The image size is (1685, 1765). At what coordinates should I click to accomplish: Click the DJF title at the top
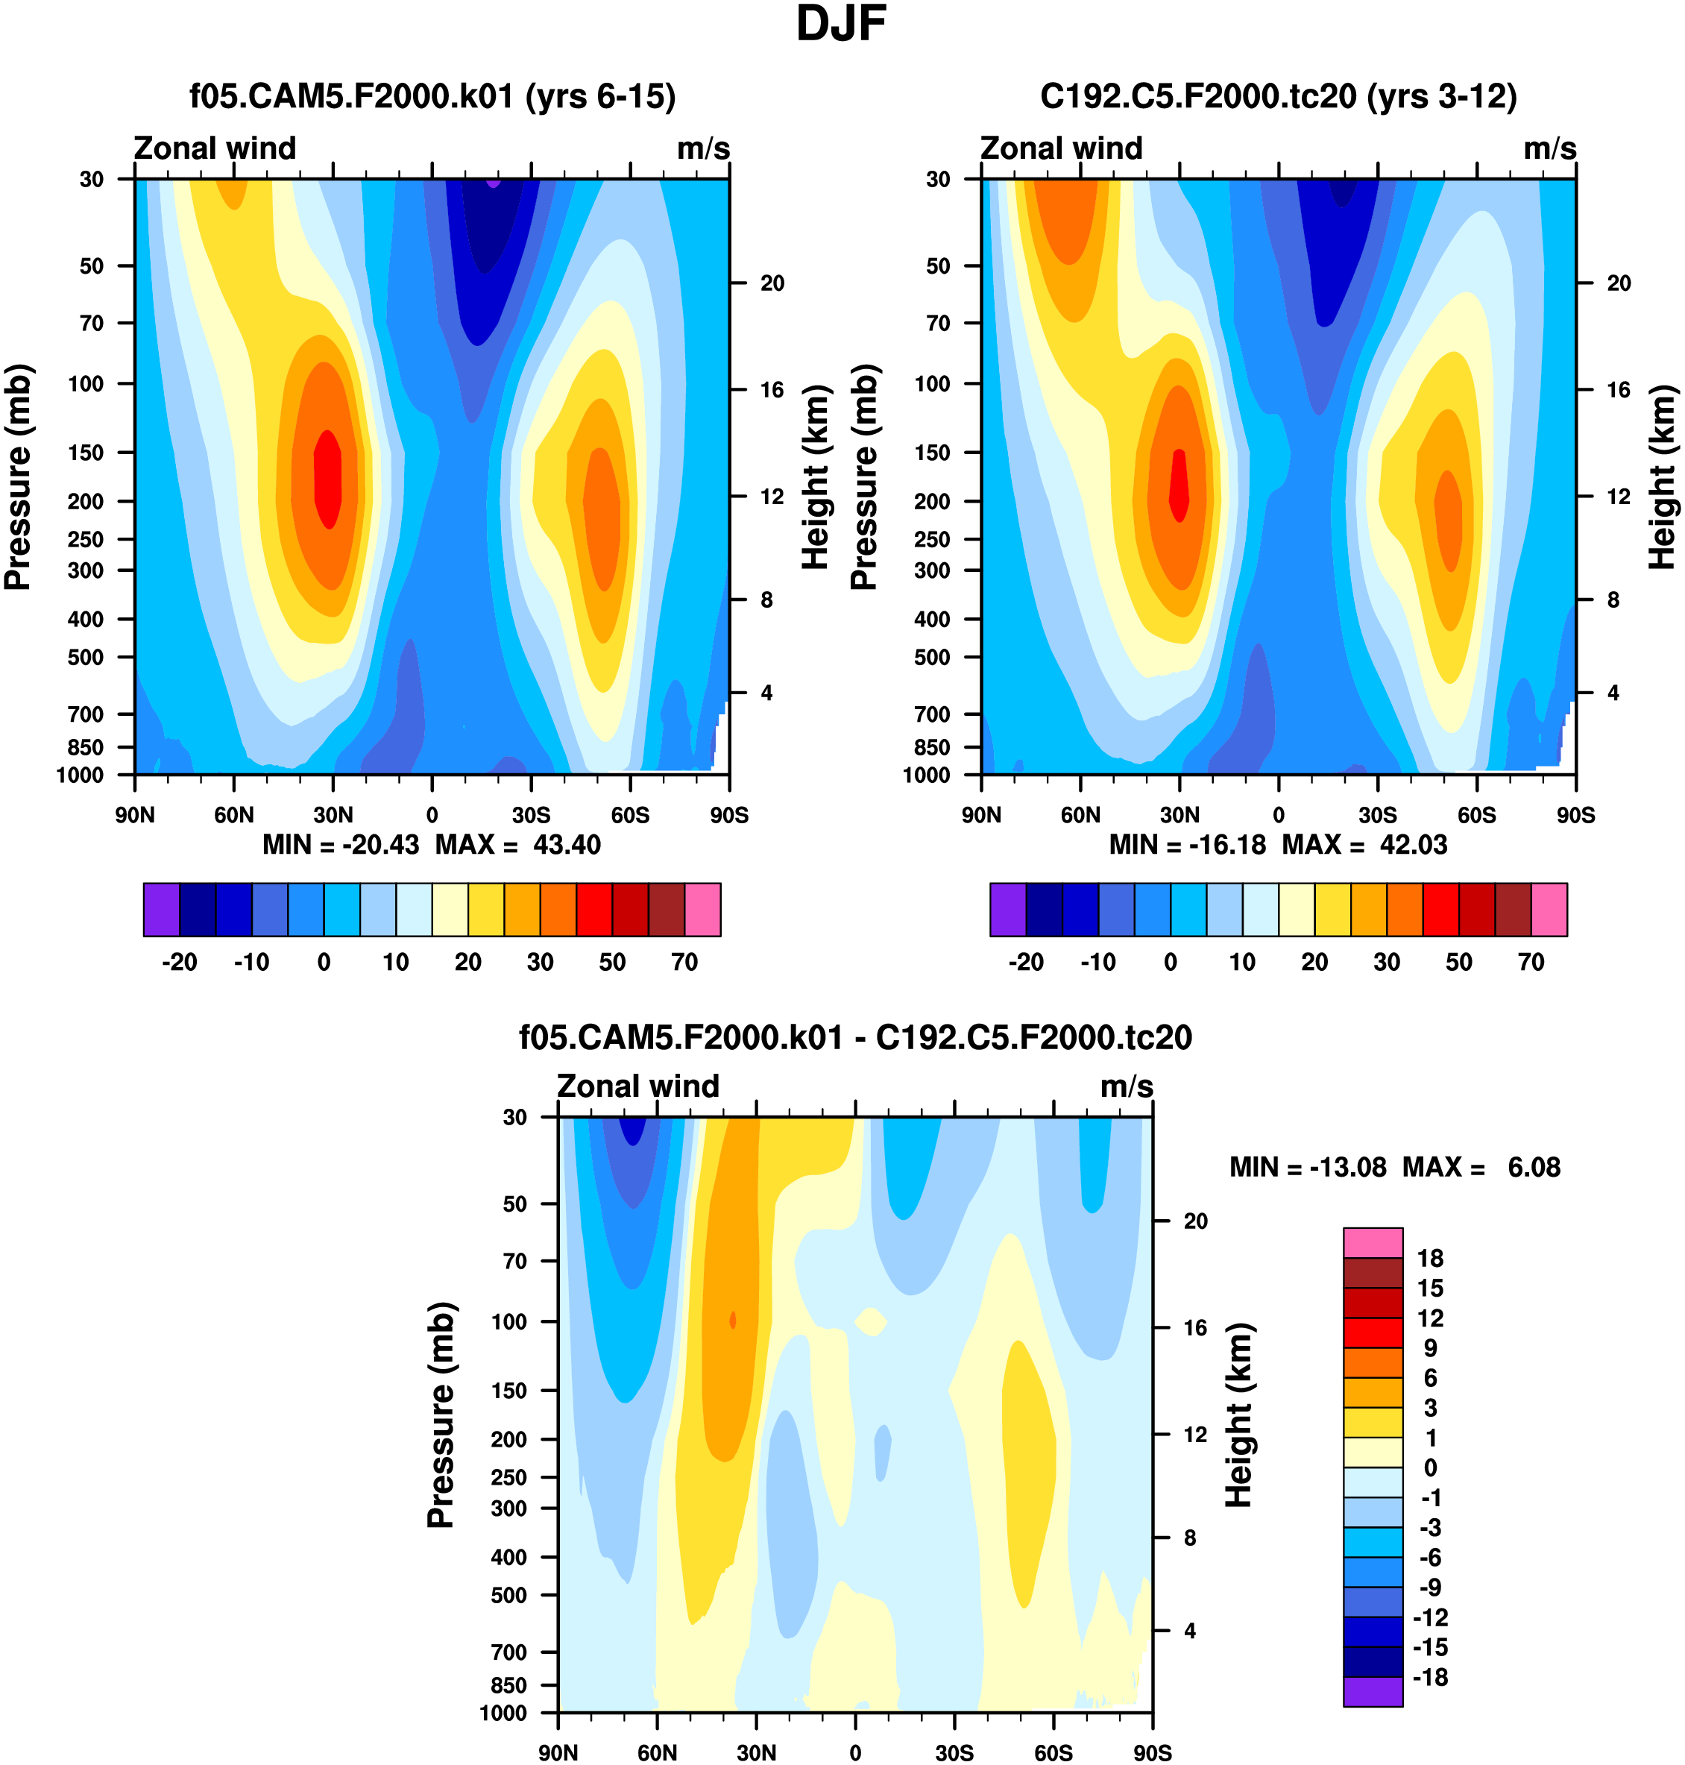tap(841, 25)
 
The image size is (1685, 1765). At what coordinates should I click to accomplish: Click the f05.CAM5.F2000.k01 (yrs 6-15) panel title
tap(432, 96)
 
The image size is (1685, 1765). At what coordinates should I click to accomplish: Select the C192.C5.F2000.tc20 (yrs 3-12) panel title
tap(1278, 96)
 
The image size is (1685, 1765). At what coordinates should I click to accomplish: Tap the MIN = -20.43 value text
tap(341, 844)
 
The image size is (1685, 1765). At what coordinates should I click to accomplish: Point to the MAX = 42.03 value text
tap(1364, 844)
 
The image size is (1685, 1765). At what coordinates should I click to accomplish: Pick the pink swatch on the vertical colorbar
tap(1373, 1242)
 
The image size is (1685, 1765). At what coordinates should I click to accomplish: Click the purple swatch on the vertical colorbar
tap(1373, 1691)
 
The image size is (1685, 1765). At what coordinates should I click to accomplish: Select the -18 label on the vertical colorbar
tap(1430, 1677)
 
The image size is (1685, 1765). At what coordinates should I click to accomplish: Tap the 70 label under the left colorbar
tap(684, 962)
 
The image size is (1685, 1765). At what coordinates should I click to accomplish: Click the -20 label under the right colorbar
tap(1026, 962)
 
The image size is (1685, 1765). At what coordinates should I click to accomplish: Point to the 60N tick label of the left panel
tap(233, 816)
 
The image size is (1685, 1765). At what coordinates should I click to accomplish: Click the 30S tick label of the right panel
tap(1377, 816)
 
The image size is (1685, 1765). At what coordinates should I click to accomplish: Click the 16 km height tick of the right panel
tap(1619, 390)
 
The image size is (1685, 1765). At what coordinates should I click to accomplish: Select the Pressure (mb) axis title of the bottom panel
tap(441, 1415)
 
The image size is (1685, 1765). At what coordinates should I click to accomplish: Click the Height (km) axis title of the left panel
tap(815, 477)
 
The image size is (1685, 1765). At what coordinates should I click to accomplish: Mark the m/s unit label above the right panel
tap(1549, 148)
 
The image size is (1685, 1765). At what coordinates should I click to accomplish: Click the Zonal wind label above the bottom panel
tap(637, 1086)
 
